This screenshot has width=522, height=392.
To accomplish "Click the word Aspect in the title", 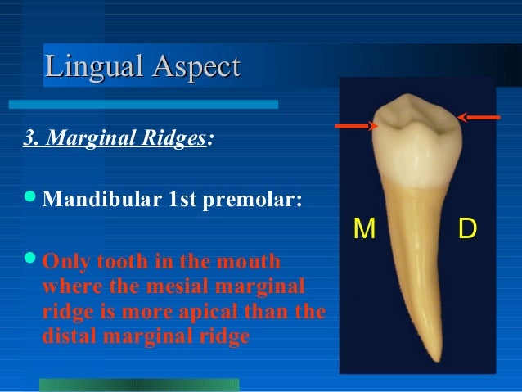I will pos(192,66).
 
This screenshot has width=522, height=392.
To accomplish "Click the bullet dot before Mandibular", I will pos(31,200).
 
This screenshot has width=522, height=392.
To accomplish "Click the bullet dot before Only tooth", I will pos(31,264).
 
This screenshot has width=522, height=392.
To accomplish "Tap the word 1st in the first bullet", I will pos(186,201).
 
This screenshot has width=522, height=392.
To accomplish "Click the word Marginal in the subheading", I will pos(91,137).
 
